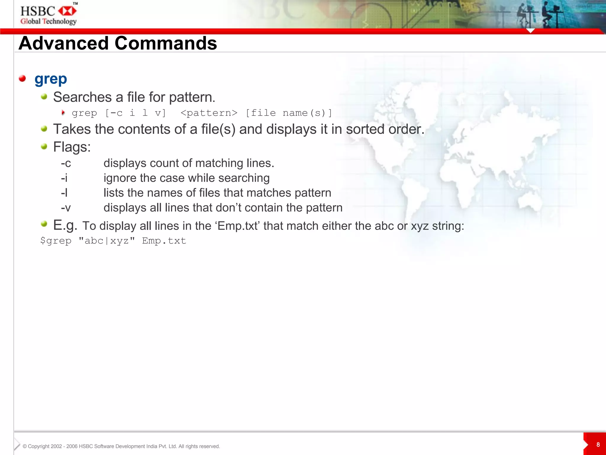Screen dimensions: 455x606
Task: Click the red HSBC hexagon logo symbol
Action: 67,11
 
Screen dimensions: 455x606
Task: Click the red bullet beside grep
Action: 22,78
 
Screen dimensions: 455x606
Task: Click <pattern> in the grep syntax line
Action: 209,113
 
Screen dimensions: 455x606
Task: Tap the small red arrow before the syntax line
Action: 63,113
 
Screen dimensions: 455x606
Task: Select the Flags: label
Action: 72,147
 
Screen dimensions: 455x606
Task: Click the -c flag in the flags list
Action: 66,163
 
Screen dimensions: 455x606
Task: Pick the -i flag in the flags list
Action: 64,178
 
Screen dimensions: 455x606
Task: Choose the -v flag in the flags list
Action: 66,208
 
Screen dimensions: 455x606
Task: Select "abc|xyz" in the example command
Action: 107,241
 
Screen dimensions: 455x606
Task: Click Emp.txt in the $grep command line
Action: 164,241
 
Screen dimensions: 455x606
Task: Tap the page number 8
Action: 598,445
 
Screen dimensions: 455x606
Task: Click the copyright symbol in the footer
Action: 25,446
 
